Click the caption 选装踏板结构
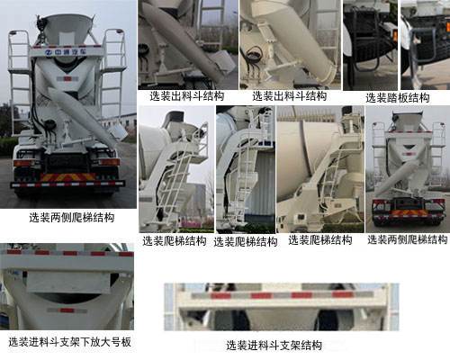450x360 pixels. [x=397, y=98]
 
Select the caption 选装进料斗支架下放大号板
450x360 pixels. [x=69, y=342]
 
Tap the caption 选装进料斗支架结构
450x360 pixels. [x=274, y=346]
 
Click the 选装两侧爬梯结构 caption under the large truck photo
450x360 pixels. [x=72, y=218]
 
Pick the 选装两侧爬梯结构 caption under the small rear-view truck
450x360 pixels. [x=408, y=239]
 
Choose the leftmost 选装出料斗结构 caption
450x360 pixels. [x=187, y=96]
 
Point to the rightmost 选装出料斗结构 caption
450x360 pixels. [x=290, y=96]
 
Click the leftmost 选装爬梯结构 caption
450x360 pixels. [x=175, y=241]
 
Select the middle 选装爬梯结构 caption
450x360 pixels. [x=246, y=242]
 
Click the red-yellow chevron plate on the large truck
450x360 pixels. [x=68, y=177]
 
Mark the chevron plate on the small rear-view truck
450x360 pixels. [x=409, y=212]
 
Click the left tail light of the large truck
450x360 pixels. [x=23, y=163]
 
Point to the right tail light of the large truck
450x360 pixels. [x=109, y=162]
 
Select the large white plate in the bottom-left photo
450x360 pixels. [x=68, y=283]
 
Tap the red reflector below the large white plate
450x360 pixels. [x=67, y=310]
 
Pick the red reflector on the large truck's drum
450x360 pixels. [x=67, y=79]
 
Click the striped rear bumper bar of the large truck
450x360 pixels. [x=67, y=184]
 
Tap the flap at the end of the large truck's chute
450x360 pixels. [x=118, y=131]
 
